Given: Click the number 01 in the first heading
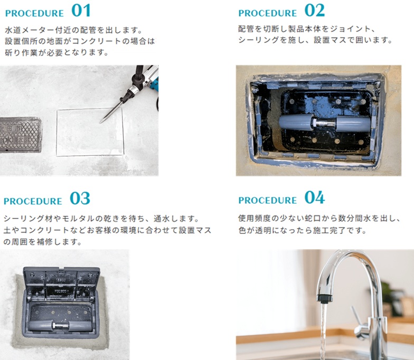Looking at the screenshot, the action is [81, 11].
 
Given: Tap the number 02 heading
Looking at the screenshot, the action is [315, 11].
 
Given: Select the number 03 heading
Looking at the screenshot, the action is [80, 198].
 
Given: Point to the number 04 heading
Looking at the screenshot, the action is [315, 197].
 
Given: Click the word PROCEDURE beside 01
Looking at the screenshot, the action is [34, 14].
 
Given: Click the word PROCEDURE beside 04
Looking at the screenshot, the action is [267, 201].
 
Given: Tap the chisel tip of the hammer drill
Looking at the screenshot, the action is [100, 122].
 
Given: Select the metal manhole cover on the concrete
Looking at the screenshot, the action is [21, 135].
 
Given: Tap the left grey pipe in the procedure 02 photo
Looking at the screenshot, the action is [296, 122].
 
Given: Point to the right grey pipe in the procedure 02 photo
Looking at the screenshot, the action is [353, 124].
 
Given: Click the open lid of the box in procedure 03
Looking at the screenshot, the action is [61, 284].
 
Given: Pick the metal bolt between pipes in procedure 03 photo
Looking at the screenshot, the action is [61, 325].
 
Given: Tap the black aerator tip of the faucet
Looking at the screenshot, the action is [323, 298].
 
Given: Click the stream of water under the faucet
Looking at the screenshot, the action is [323, 331].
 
